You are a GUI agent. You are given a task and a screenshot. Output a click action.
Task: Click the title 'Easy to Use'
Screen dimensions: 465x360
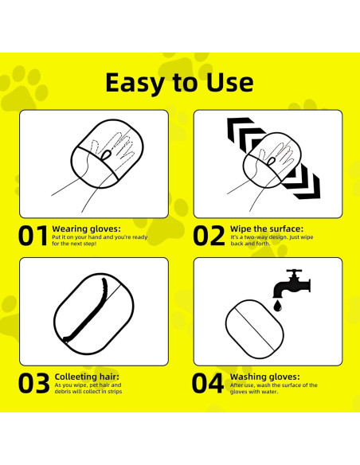[x=179, y=82]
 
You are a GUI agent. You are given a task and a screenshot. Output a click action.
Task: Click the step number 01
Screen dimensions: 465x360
[x=33, y=236]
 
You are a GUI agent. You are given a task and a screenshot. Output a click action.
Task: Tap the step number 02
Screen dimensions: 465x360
[x=209, y=236]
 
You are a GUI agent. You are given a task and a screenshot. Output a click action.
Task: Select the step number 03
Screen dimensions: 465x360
[x=33, y=383]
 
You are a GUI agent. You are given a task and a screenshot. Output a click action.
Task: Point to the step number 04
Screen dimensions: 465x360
[x=209, y=383]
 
